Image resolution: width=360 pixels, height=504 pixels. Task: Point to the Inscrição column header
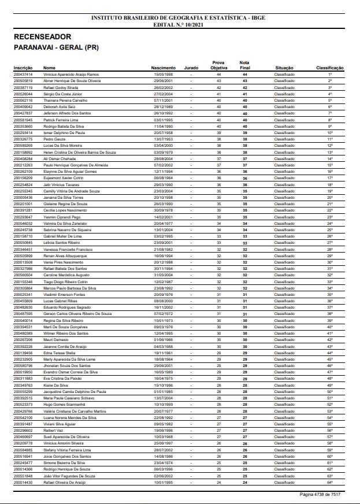[x=23, y=68]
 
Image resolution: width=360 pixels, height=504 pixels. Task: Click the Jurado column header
[x=191, y=68]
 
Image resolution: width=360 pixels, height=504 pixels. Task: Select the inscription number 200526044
[x=23, y=94]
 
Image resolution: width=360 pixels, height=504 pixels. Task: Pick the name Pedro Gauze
[x=55, y=139]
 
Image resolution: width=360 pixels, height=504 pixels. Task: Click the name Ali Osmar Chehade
[x=61, y=158]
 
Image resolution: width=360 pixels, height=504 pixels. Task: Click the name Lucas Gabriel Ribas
[x=60, y=301]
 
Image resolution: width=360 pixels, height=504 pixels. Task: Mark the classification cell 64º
[x=330, y=481]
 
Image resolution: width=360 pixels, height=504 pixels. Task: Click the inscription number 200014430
[x=23, y=481]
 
